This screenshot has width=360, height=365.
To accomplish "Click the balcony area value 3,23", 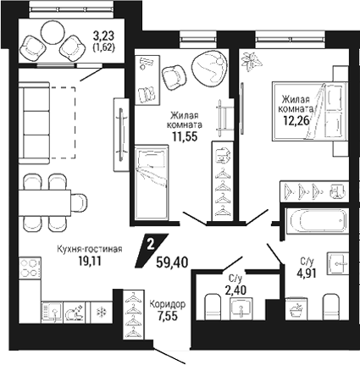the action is pos(103,36).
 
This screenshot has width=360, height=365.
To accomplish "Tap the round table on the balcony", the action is pos(53,32).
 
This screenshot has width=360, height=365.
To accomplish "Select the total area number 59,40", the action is pos(172,263).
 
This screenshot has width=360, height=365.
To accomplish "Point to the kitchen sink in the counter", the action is pos(52,312).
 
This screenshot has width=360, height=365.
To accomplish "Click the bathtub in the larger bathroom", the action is pos(316,221).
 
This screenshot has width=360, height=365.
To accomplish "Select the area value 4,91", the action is pos(306,273).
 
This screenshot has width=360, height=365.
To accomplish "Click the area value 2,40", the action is pos(236,290).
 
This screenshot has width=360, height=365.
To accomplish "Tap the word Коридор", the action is pos(168,304).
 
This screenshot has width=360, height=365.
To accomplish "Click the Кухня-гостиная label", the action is pos(90,249).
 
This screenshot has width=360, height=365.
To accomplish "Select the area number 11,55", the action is pos(185,136).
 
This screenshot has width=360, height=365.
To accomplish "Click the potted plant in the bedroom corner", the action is pos(252,61).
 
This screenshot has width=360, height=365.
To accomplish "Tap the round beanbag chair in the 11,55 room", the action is pos(209,68).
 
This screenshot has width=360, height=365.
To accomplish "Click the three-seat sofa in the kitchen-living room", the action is pos(34,123).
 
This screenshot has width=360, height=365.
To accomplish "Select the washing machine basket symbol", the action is pos(296,310).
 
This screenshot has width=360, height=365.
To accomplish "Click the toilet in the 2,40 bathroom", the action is pos(213,307).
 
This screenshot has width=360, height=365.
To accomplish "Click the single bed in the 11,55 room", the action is pos(152,182).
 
